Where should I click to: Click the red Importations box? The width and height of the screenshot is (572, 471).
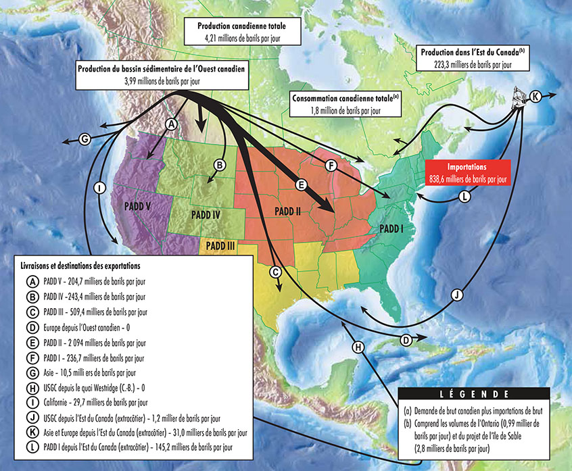point(467,173)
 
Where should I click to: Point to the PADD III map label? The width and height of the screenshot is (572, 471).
point(220,246)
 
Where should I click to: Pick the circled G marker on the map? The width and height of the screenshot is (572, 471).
point(85,139)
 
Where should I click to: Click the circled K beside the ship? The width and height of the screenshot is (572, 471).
point(535,96)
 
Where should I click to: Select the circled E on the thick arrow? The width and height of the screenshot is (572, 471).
point(302,183)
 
